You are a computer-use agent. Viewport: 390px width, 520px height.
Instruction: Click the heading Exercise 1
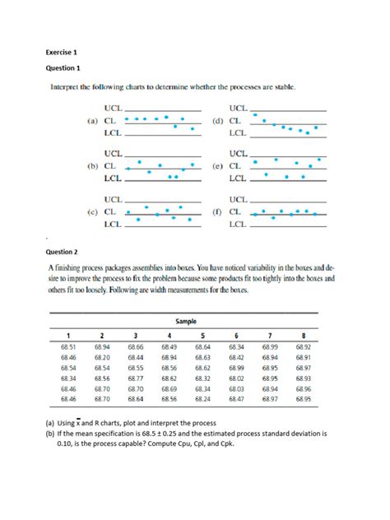[x=61, y=50]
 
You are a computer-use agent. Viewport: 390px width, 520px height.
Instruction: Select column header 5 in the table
[x=202, y=336]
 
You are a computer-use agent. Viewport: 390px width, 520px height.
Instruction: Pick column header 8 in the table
[x=303, y=336]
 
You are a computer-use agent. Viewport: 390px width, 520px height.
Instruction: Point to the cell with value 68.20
[x=102, y=358]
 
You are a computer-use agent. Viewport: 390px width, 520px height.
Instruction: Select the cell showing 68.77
[x=136, y=378]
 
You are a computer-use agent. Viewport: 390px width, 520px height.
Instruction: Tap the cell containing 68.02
[x=236, y=378]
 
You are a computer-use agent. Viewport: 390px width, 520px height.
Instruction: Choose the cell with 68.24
[x=202, y=398]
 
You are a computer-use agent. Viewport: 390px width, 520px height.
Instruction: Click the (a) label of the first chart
[x=92, y=120]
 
